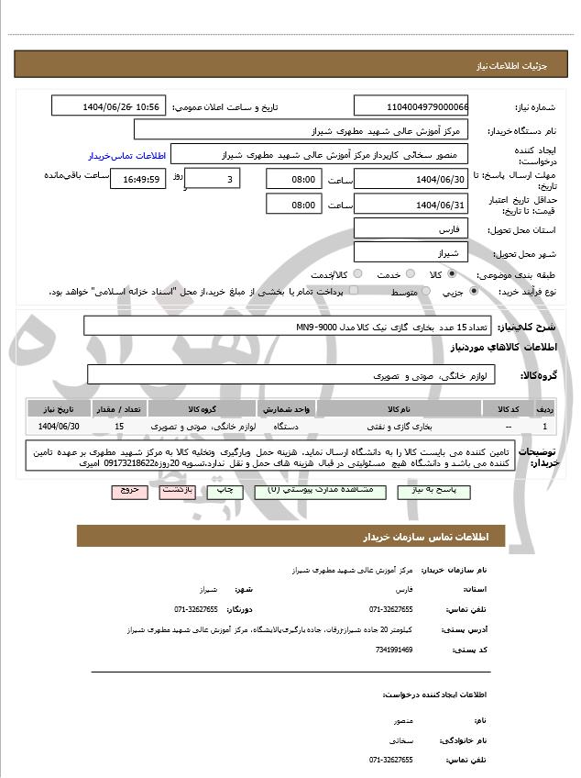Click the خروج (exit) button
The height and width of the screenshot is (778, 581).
[x=129, y=491]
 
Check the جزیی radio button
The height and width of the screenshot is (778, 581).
[x=473, y=291]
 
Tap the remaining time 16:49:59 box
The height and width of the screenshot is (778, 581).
[x=137, y=180]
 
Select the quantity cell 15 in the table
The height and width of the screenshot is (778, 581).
[x=119, y=427]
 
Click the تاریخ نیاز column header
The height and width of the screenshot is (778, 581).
[x=60, y=408]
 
